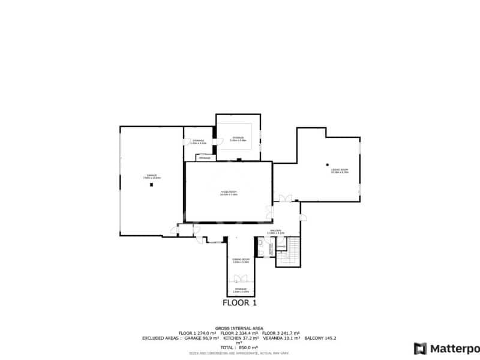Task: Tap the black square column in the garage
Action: [x=152, y=185]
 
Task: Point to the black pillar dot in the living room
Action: [x=328, y=164]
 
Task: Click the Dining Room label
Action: [x=241, y=260]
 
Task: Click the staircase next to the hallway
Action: [x=293, y=251]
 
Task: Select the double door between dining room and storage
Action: [x=241, y=278]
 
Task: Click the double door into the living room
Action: [x=286, y=199]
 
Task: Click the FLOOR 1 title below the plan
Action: [x=240, y=303]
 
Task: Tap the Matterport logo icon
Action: [x=420, y=348]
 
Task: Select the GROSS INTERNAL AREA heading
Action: [x=239, y=328]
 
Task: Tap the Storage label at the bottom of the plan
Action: [x=241, y=290]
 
